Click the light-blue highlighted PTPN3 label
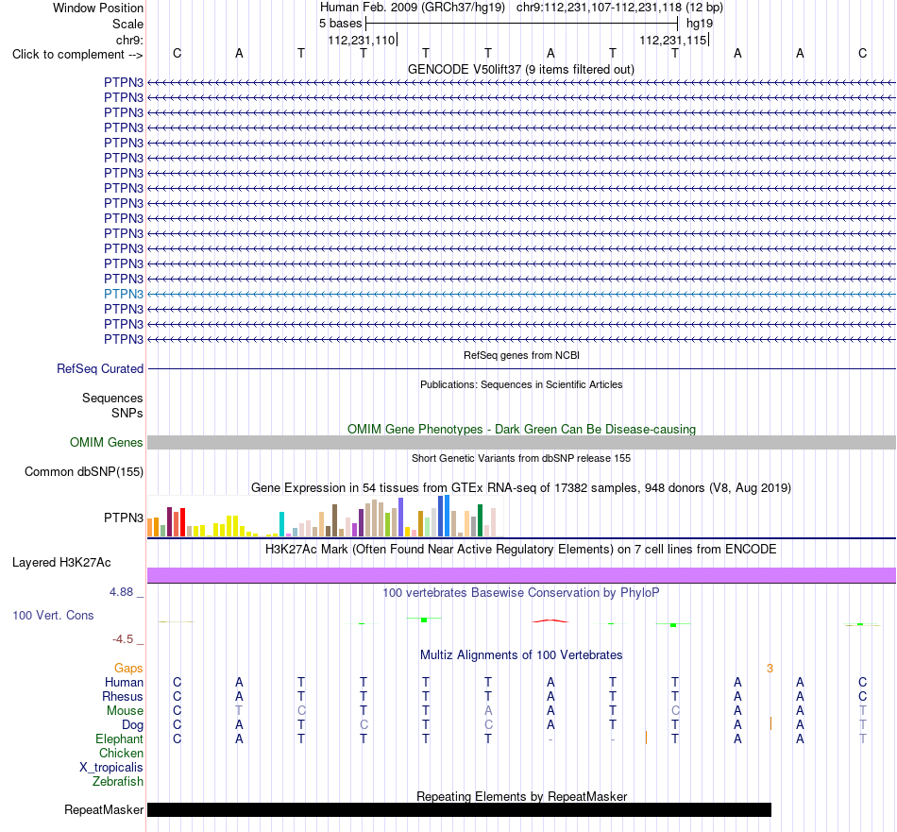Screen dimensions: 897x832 click(x=124, y=294)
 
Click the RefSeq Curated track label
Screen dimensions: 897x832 click(x=100, y=369)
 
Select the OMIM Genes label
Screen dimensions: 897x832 click(x=107, y=442)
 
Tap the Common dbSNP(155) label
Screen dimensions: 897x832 click(x=84, y=472)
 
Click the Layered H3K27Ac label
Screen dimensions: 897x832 click(x=61, y=563)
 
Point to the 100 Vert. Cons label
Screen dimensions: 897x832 click(x=53, y=616)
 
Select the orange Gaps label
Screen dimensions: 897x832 click(x=128, y=669)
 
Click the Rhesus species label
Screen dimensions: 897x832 click(x=123, y=696)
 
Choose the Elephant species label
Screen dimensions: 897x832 click(x=119, y=739)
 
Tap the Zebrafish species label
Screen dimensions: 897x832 click(x=118, y=782)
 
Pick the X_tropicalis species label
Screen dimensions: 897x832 click(x=111, y=768)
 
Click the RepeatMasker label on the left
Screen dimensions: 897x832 click(x=104, y=810)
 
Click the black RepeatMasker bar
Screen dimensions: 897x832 click(x=460, y=809)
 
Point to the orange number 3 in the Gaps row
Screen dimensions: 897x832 click(x=770, y=669)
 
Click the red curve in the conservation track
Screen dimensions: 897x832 click(x=550, y=620)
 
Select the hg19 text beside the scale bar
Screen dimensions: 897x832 click(x=700, y=24)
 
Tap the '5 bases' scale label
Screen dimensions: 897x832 click(x=340, y=24)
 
